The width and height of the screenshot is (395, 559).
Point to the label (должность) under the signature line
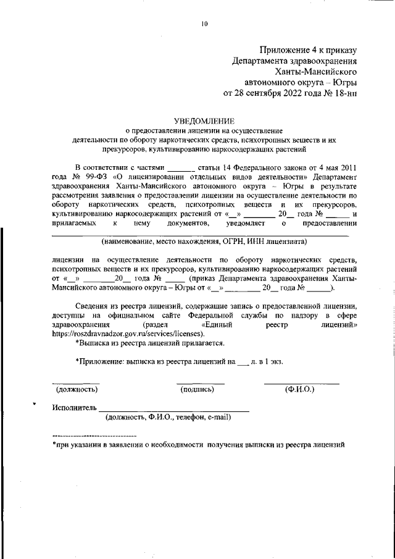coord(77,389)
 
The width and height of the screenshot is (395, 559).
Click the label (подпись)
coord(197,389)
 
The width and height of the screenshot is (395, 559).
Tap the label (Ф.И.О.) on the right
coord(299,389)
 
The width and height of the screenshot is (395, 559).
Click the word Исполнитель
coord(75,408)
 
